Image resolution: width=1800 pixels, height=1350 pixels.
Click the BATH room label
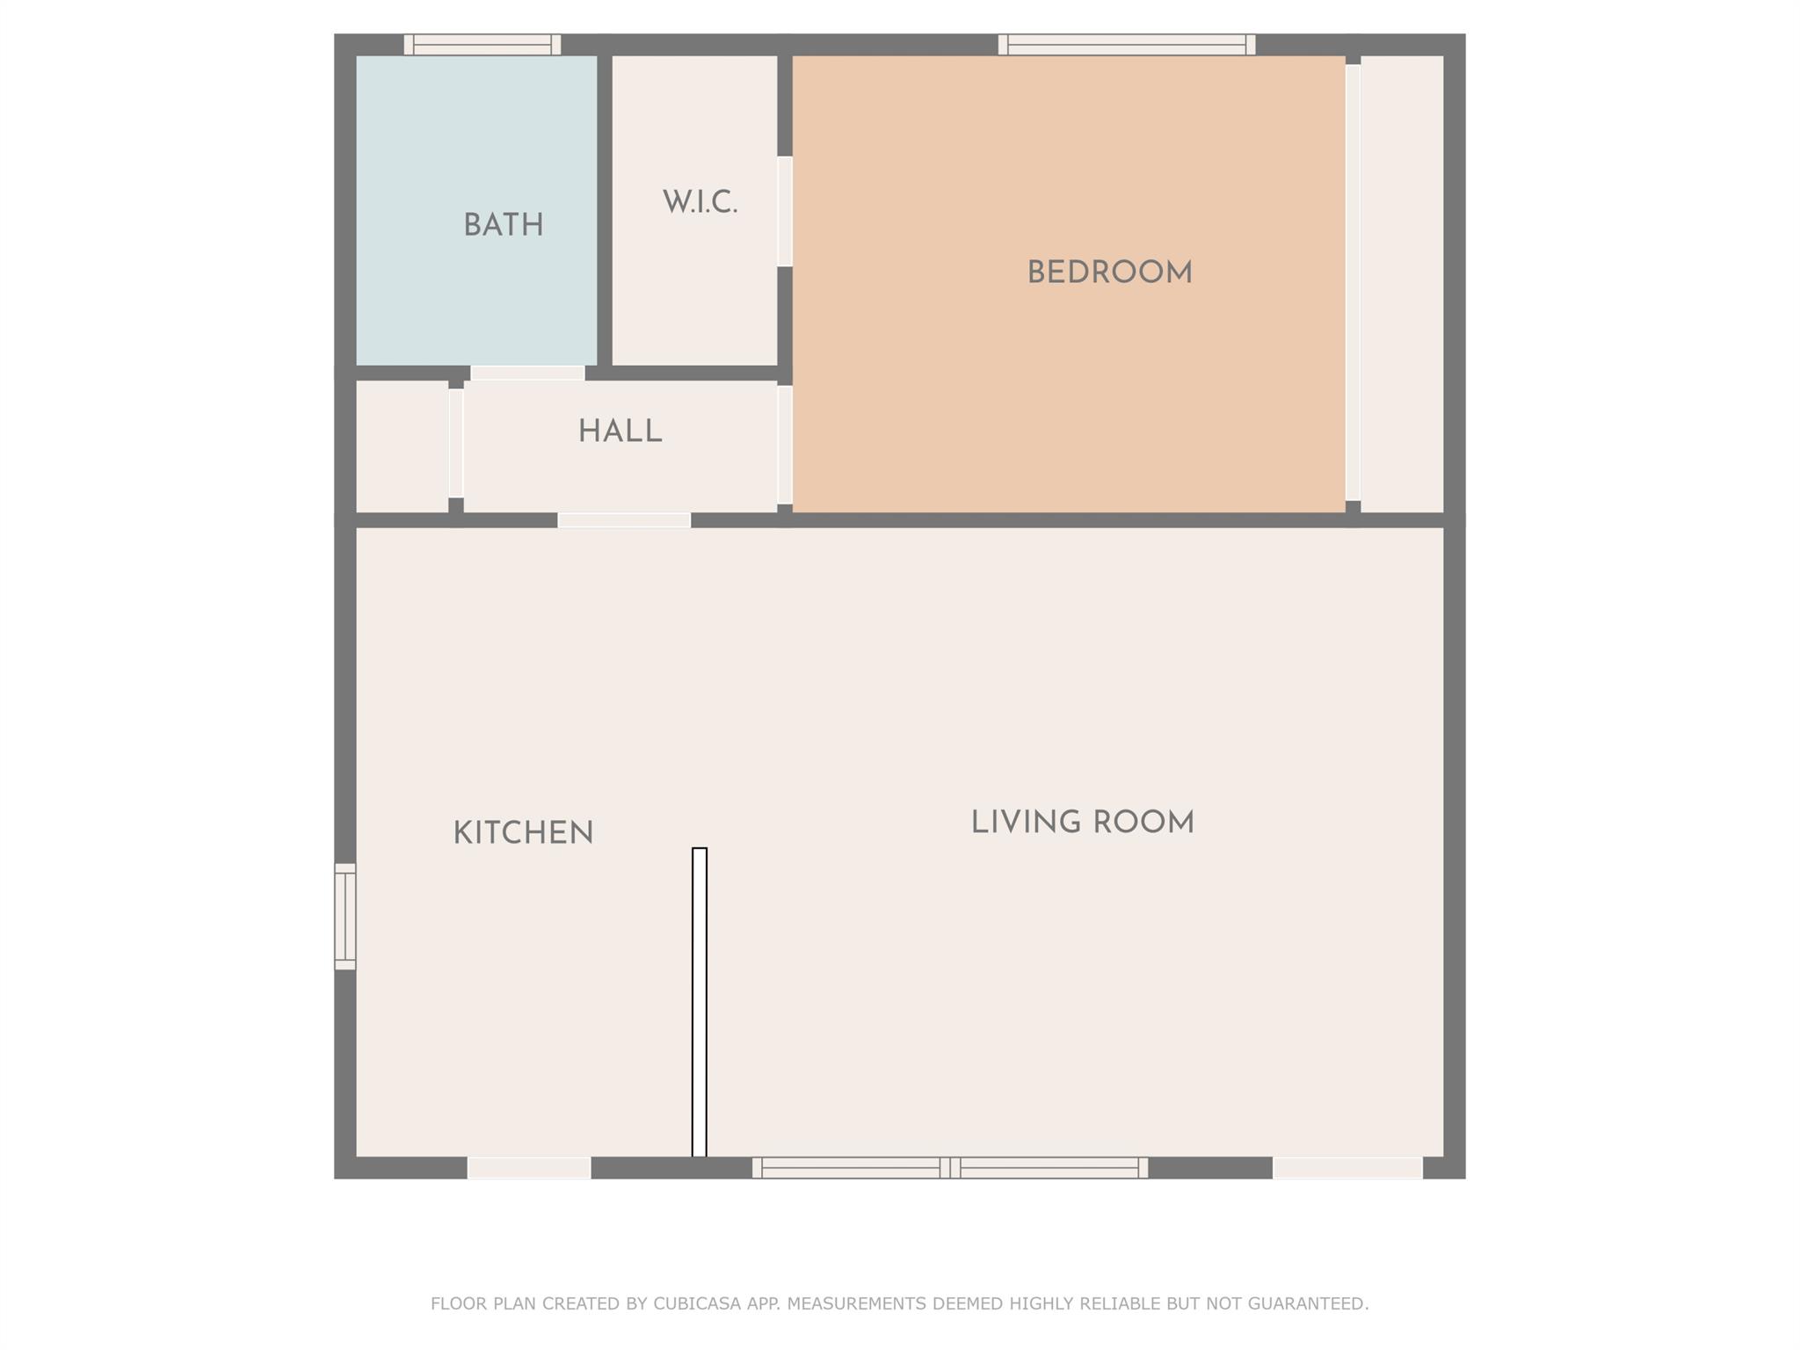(x=503, y=226)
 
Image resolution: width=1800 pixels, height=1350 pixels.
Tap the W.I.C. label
(x=700, y=203)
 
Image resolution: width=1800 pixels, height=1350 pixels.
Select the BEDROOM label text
(x=1109, y=272)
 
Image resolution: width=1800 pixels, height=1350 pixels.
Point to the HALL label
(x=620, y=432)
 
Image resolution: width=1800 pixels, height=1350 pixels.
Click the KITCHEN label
(x=523, y=833)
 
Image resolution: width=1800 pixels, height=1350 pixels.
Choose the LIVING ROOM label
(x=1082, y=824)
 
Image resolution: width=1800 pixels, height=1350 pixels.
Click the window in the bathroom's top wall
(x=482, y=45)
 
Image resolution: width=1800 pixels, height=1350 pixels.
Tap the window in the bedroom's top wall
(x=1126, y=45)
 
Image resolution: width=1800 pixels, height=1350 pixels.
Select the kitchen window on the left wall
(x=345, y=917)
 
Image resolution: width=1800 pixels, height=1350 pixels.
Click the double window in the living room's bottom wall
(x=949, y=1167)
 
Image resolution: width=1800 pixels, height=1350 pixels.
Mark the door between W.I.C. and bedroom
(x=785, y=211)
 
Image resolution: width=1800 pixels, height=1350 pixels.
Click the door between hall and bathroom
(x=527, y=373)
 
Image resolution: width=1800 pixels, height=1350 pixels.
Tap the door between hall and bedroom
(x=785, y=445)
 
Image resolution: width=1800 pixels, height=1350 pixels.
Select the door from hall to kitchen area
(x=624, y=520)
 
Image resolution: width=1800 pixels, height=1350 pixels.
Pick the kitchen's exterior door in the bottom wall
(x=528, y=1167)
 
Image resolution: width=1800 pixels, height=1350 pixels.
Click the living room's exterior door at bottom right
(x=1347, y=1167)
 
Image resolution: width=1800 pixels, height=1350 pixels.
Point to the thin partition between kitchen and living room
(x=700, y=1002)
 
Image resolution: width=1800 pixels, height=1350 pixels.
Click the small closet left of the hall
(x=402, y=445)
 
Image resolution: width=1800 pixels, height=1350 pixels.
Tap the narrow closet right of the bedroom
(x=1402, y=283)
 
